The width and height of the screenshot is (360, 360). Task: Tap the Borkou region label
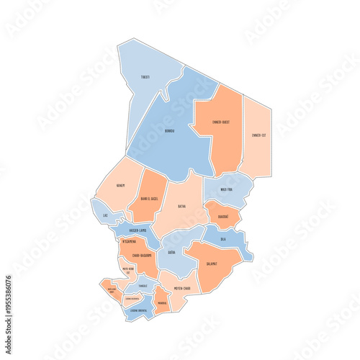click(169, 131)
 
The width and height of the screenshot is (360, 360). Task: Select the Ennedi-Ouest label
click(221, 122)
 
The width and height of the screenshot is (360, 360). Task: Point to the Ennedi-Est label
click(259, 135)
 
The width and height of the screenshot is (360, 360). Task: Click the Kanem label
click(121, 185)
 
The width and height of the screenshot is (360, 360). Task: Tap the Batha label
click(181, 206)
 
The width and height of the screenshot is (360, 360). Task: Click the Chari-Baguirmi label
click(138, 255)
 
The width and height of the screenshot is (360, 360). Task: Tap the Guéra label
click(171, 253)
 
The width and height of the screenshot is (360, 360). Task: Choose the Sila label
click(223, 238)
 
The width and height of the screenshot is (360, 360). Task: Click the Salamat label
click(212, 264)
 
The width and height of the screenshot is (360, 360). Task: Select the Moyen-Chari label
click(182, 289)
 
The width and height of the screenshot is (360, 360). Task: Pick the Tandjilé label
click(143, 286)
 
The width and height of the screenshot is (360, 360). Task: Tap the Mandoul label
click(162, 303)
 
